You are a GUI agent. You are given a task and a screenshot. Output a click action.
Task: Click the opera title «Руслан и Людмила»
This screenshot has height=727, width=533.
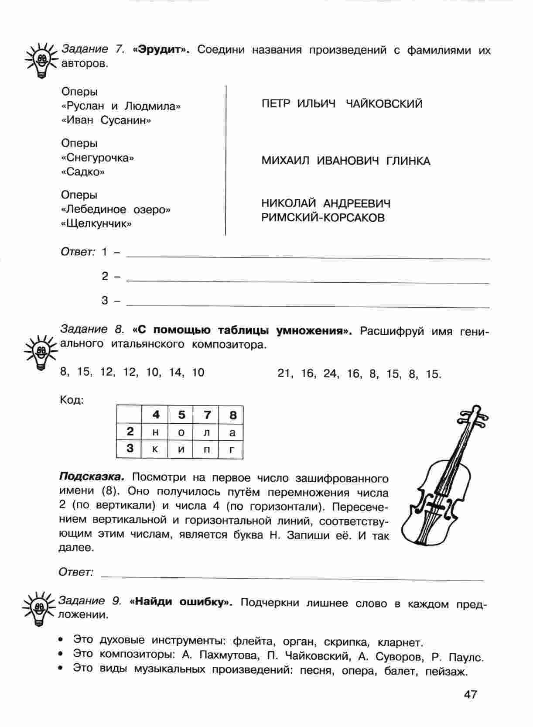point(121,106)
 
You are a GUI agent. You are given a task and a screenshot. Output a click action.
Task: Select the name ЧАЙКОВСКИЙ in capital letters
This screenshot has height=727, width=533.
point(384,104)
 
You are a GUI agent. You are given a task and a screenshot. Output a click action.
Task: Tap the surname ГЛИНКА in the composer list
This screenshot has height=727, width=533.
point(408,161)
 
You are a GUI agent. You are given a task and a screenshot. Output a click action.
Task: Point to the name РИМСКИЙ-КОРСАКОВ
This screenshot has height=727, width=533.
point(323,218)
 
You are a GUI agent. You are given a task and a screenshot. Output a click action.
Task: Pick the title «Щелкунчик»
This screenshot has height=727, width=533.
point(96,224)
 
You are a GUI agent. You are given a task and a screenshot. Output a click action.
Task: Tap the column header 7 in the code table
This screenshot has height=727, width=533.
point(207,415)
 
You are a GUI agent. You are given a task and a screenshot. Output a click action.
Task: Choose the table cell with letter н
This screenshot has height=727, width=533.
point(156,432)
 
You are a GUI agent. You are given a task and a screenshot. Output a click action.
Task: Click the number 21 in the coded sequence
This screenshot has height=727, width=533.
point(284,374)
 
